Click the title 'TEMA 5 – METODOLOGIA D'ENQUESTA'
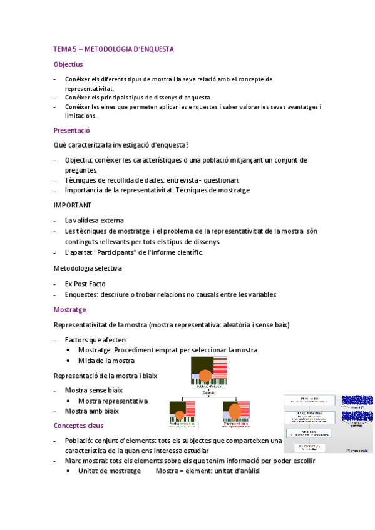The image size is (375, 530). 113,49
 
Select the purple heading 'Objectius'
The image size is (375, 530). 68,64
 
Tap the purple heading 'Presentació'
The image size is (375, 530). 72,130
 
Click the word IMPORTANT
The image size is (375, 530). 73,205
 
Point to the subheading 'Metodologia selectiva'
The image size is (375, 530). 88,268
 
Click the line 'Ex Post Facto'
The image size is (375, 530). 86,284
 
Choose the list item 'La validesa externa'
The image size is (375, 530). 94,220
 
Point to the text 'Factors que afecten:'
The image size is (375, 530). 96,340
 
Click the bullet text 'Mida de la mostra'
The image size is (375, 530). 106,361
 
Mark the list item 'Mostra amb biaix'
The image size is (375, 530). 91,411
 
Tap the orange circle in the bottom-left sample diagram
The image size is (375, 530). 180,414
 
